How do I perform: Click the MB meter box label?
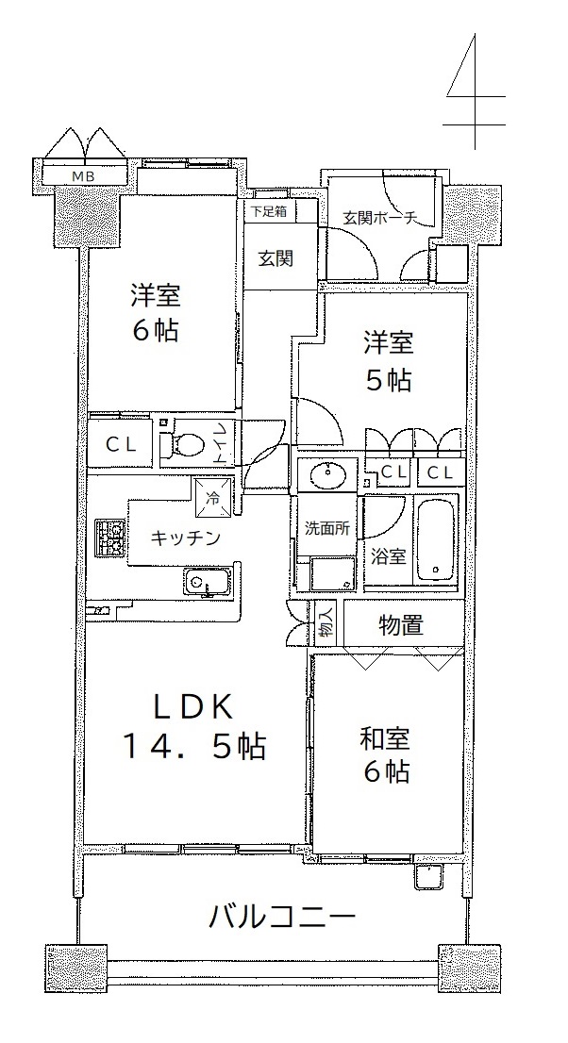pyautogui.click(x=83, y=176)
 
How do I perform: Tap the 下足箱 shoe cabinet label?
pyautogui.click(x=268, y=211)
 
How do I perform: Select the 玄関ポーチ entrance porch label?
pyautogui.click(x=380, y=218)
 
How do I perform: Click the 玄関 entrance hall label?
pyautogui.click(x=276, y=258)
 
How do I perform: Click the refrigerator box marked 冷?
pyautogui.click(x=214, y=497)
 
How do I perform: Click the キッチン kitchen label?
pyautogui.click(x=184, y=538)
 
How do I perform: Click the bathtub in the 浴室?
pyautogui.click(x=436, y=539)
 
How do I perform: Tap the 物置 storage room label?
pyautogui.click(x=401, y=625)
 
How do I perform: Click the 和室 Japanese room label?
pyautogui.click(x=386, y=739)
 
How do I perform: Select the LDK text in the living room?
pyautogui.click(x=193, y=707)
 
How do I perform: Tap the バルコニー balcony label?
pyautogui.click(x=282, y=919)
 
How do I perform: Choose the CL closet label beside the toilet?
pyautogui.click(x=123, y=446)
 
